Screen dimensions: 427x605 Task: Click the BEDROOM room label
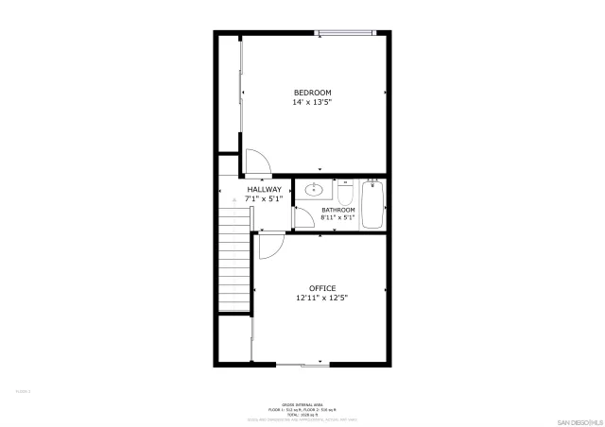(x=312, y=92)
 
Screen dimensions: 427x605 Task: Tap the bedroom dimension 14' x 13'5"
(x=312, y=101)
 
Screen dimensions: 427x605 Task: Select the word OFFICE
(x=322, y=288)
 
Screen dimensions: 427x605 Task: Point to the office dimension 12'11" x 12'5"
(x=322, y=298)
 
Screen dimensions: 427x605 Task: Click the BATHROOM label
(x=337, y=210)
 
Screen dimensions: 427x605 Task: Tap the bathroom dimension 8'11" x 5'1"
(x=337, y=218)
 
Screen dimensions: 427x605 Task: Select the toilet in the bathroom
(x=345, y=193)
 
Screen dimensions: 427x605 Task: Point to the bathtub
(x=372, y=205)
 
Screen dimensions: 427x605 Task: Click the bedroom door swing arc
(x=257, y=162)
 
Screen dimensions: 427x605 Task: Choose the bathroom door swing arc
(x=304, y=218)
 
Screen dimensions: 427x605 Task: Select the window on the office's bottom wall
(x=302, y=365)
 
